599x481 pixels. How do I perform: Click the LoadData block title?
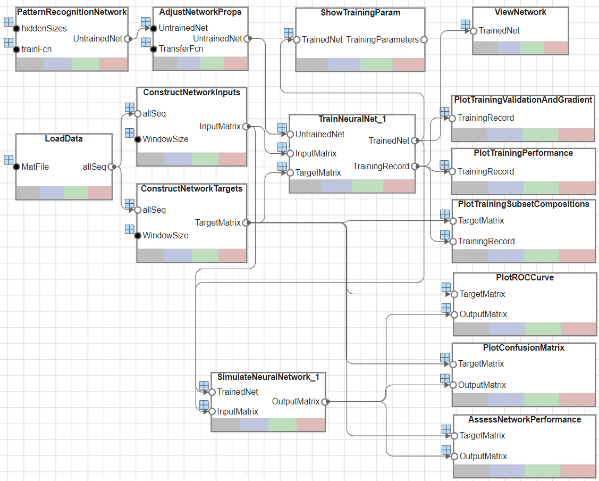[64, 139]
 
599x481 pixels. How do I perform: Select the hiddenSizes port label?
[44, 28]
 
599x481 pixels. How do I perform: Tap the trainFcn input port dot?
[16, 49]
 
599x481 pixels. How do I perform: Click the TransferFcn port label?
[181, 49]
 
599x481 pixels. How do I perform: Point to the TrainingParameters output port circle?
[424, 39]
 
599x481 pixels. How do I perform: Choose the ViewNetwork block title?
[520, 12]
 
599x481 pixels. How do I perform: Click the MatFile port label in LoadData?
[35, 167]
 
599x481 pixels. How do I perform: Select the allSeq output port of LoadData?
[111, 167]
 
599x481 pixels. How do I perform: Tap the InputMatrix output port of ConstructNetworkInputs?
[246, 127]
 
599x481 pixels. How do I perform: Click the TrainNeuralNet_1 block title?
[352, 119]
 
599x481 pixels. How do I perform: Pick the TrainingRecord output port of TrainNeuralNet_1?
[414, 167]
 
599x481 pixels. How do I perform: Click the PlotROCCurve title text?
[524, 277]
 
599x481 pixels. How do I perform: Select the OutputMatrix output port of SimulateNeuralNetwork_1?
[324, 402]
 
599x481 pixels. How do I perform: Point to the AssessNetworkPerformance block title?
[525, 419]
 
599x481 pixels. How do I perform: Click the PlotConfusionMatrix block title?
[524, 347]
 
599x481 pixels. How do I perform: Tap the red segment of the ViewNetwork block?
[556, 48]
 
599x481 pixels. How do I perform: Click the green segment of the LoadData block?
[76, 193]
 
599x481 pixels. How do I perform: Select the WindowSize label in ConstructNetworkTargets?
[165, 235]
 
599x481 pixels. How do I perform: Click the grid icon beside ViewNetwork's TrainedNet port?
[465, 24]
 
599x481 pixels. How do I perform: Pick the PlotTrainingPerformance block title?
[523, 153]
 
